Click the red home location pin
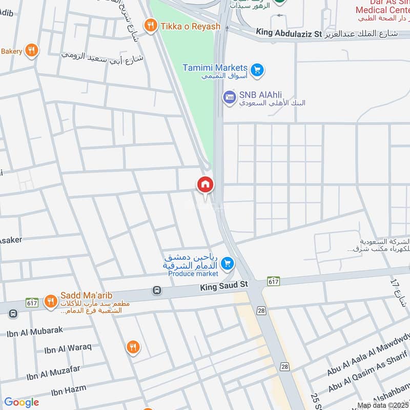click(x=205, y=184)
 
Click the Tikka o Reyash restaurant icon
click(x=150, y=25)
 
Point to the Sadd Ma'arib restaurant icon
click(x=50, y=301)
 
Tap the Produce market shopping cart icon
click(x=228, y=264)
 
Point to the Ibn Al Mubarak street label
click(x=35, y=332)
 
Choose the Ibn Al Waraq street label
click(x=68, y=349)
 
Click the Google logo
click(x=22, y=402)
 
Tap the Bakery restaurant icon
click(x=31, y=50)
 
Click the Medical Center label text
click(x=382, y=9)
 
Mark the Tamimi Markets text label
click(x=216, y=68)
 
